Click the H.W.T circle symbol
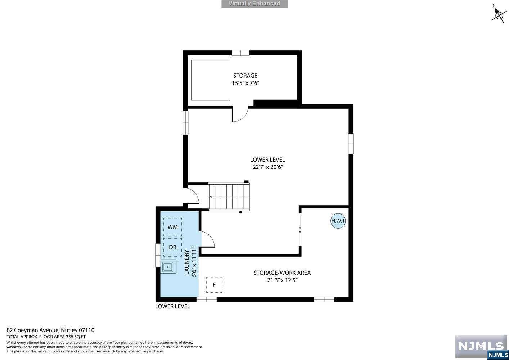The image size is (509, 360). coord(338,221)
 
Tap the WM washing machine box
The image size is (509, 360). coord(172,227)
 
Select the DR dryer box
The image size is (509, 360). coord(172,247)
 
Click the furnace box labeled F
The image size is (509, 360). coord(214,285)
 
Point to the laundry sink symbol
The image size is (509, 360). coord(168,267)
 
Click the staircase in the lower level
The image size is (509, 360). coord(229,197)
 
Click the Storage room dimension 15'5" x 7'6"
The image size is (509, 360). coord(246,83)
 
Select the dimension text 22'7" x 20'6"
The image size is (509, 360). coord(267,167)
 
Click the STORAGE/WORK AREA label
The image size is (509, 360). coord(282,273)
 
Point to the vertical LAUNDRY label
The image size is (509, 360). coord(186,262)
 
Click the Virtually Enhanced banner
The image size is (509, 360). coord(254,4)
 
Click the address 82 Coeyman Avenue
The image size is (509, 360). coord(33,330)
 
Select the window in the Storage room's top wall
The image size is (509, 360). coord(240,53)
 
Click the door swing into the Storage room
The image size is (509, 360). coord(240,114)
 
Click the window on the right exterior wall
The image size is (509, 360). coord(351,143)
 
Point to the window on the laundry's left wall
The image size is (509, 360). coord(158,255)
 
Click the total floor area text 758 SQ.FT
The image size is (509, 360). coord(76,337)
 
